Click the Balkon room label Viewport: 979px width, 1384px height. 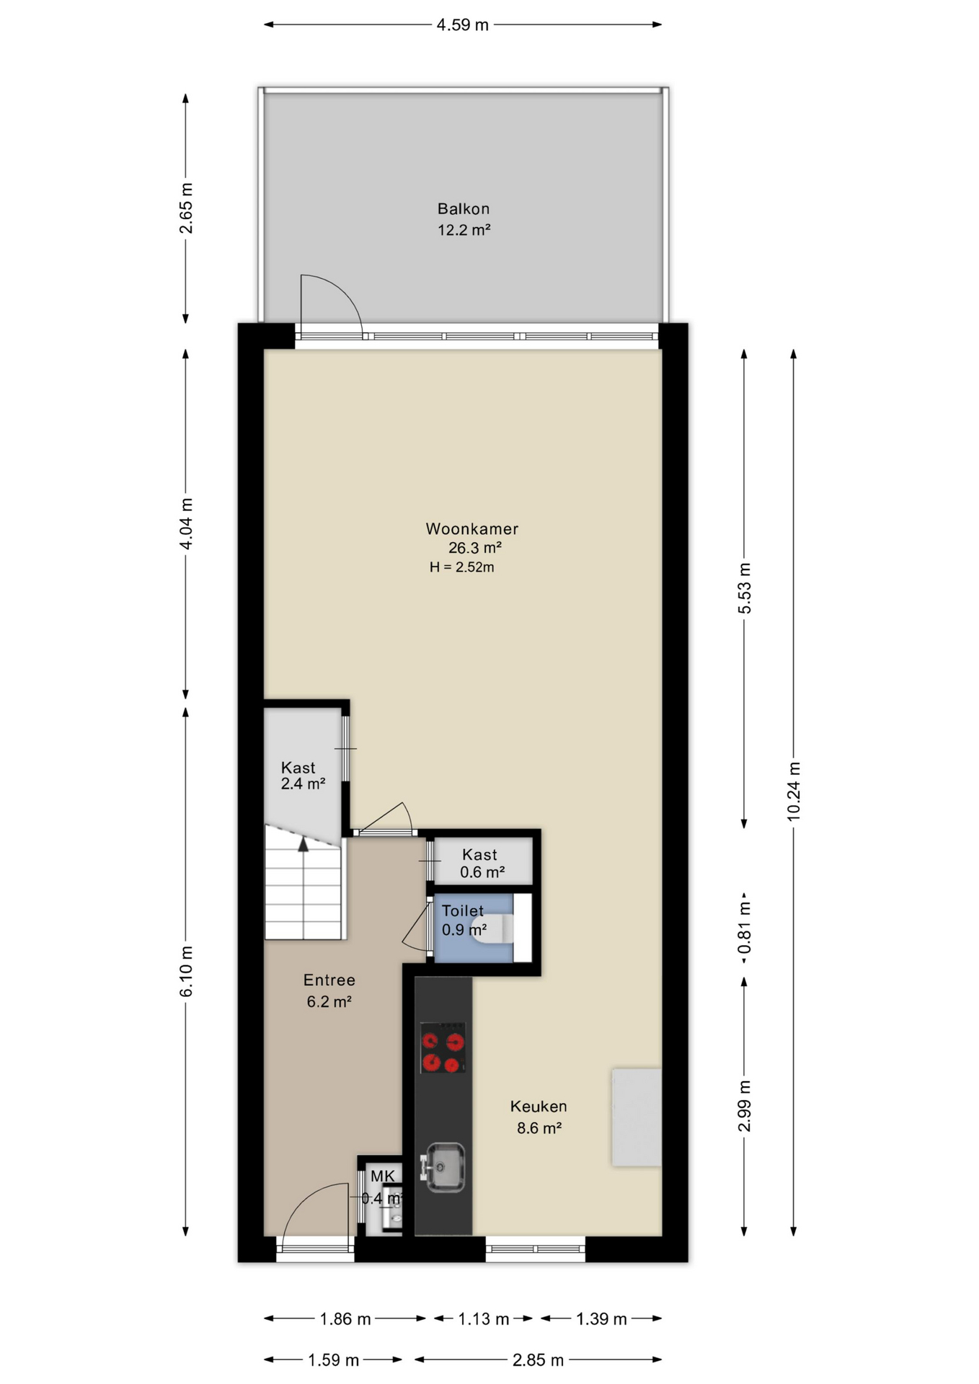pyautogui.click(x=464, y=209)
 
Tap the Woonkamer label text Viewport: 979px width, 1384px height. pyautogui.click(x=472, y=528)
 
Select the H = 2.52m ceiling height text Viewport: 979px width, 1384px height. pyautogui.click(x=462, y=567)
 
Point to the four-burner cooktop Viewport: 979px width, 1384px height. pyautogui.click(x=443, y=1047)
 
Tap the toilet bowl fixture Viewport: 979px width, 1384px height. pyautogui.click(x=494, y=928)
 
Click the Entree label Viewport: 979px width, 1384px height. pyautogui.click(x=329, y=980)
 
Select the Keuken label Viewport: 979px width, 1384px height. pyautogui.click(x=539, y=1106)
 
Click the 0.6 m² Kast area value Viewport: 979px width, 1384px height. pyautogui.click(x=482, y=872)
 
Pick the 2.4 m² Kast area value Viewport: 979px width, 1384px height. pyautogui.click(x=303, y=784)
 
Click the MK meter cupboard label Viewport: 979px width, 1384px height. pyautogui.click(x=383, y=1176)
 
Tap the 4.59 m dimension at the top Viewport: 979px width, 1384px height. pyautogui.click(x=463, y=25)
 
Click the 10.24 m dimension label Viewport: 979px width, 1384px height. pyautogui.click(x=794, y=791)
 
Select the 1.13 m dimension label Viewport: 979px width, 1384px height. pyautogui.click(x=484, y=1319)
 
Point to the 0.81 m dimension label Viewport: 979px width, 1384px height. pyautogui.click(x=745, y=927)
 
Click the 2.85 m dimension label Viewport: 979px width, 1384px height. pyautogui.click(x=538, y=1360)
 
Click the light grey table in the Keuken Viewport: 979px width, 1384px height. pyautogui.click(x=637, y=1117)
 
